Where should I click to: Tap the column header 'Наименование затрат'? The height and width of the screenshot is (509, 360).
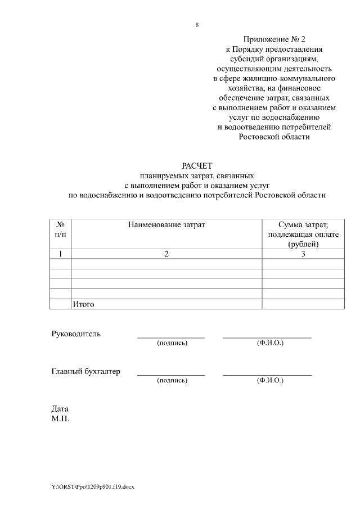[x=166, y=225]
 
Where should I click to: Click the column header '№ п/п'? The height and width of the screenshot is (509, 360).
[x=60, y=229]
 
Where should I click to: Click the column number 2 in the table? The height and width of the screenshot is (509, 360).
[x=166, y=254]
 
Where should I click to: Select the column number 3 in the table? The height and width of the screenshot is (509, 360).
[x=303, y=254]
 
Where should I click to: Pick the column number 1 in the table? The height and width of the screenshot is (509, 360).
[x=60, y=254]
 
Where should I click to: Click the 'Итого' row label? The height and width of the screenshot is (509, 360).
[x=83, y=304]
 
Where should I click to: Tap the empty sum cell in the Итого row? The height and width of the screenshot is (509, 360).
[x=303, y=304]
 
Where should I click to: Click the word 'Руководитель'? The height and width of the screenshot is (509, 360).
[x=76, y=334]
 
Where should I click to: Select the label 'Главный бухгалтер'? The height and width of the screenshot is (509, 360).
[x=86, y=371]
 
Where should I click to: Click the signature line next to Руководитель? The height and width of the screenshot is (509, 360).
[x=171, y=337]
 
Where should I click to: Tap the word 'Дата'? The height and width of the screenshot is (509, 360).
[x=60, y=409]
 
